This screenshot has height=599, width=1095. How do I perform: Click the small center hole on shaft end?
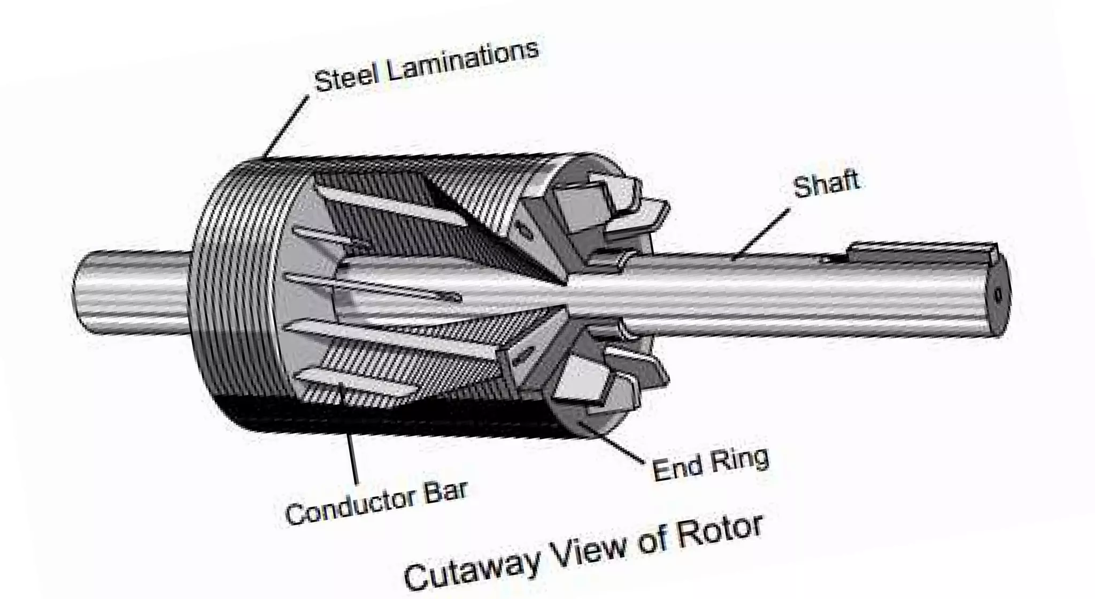click(997, 295)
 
